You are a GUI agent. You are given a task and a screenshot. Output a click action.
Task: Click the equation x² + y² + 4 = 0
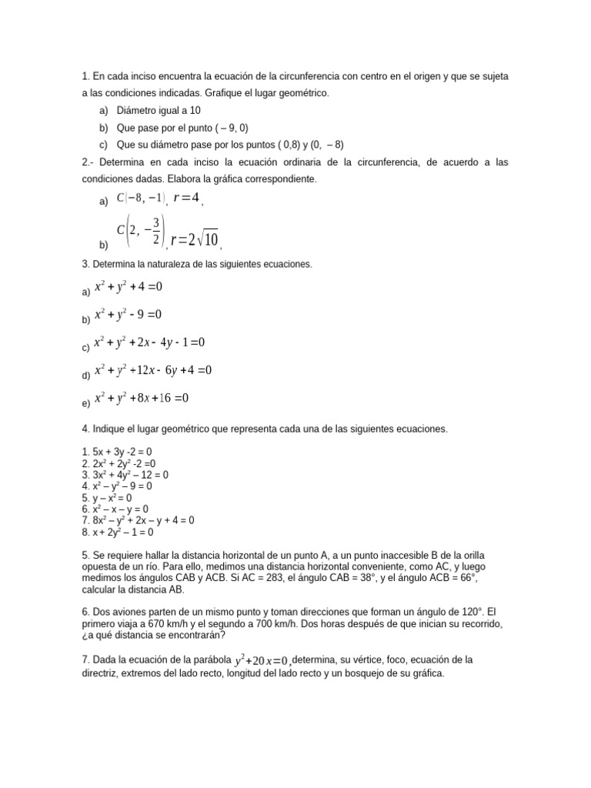(128, 287)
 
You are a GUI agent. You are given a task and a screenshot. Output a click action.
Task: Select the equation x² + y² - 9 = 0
(128, 315)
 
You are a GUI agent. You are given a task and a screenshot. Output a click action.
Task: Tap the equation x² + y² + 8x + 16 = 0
(141, 398)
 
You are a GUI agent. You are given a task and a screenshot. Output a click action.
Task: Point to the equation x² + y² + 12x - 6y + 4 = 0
(152, 370)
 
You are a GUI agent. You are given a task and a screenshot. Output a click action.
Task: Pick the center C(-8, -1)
(140, 199)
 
